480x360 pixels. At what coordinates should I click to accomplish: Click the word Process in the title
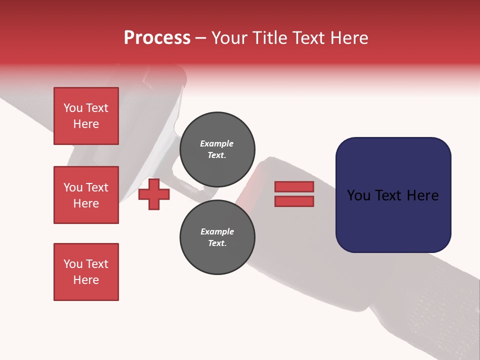157,38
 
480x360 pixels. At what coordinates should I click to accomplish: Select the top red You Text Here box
86,116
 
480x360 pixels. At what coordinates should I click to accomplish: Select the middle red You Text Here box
86,195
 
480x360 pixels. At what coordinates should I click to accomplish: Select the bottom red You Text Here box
86,272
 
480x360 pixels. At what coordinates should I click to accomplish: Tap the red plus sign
154,194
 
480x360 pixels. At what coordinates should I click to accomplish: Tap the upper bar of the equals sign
294,186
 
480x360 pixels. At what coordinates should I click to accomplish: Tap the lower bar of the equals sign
294,201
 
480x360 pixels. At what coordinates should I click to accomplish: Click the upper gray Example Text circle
217,149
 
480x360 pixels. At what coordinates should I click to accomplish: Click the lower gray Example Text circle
217,237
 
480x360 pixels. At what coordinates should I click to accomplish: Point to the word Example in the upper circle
217,143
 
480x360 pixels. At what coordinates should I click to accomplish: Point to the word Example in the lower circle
217,231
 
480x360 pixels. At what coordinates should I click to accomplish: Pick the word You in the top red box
72,108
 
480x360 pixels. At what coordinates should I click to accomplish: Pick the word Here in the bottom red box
86,280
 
